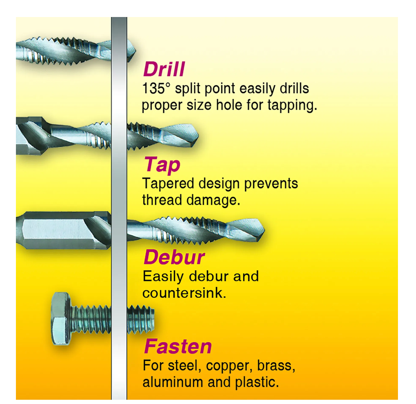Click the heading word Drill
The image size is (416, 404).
[x=164, y=69]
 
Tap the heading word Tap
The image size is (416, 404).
[x=162, y=165]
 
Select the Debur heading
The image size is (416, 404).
[x=174, y=257]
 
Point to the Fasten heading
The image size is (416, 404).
[x=178, y=347]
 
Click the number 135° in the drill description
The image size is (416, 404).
[x=154, y=89]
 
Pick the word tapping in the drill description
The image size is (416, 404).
[x=292, y=105]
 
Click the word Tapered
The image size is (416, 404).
[x=168, y=184]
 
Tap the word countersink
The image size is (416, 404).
[x=184, y=293]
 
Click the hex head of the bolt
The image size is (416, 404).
[x=60, y=318]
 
